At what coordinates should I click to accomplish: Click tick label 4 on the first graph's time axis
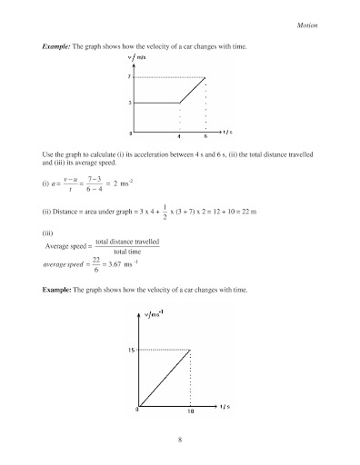[179, 137]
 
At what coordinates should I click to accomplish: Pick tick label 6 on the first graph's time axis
[206, 137]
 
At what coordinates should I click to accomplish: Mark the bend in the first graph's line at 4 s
[179, 104]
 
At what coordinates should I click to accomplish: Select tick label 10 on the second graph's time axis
[190, 411]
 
